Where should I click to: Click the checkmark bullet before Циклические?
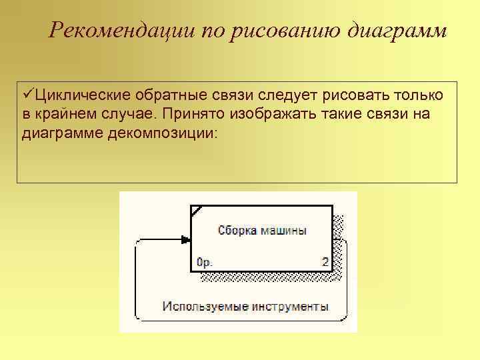coord(27,95)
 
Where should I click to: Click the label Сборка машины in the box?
coord(262,231)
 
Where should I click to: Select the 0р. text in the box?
coord(205,263)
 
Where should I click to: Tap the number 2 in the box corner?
coord(325,262)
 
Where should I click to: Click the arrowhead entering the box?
coord(186,239)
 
